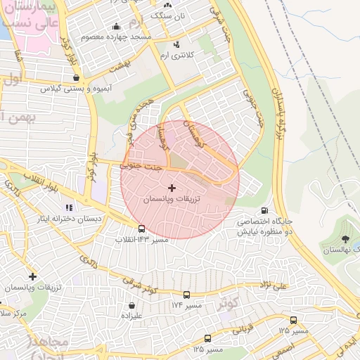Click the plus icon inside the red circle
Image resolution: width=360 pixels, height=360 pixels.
[x=172, y=188]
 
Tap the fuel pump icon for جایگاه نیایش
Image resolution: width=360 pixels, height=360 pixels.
[x=264, y=210]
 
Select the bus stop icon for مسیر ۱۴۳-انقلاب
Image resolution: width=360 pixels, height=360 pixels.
[x=142, y=229]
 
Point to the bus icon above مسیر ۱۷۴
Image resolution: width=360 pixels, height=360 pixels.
[x=186, y=295]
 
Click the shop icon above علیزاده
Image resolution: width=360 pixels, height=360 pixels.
[x=132, y=305]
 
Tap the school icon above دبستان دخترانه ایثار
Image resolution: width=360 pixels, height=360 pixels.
[x=69, y=207]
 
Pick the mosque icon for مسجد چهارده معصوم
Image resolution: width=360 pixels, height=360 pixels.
[x=116, y=27]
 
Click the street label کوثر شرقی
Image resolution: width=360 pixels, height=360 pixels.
[x=139, y=285]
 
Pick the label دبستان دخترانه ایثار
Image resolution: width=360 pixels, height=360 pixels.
[x=71, y=219]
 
